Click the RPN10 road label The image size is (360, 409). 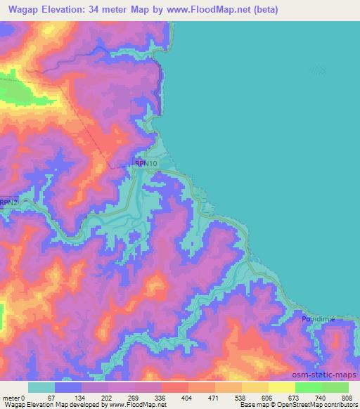(x=148, y=163)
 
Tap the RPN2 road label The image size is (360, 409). (x=8, y=202)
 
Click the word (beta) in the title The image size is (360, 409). (x=265, y=10)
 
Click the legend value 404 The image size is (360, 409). (x=187, y=398)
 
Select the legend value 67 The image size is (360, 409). (x=51, y=398)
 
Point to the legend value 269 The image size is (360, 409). (x=133, y=398)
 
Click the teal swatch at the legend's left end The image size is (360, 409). (x=41, y=387)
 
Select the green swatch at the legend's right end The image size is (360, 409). (x=335, y=387)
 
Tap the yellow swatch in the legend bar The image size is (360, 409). (x=282, y=387)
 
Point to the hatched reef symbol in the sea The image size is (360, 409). (x=319, y=70)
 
